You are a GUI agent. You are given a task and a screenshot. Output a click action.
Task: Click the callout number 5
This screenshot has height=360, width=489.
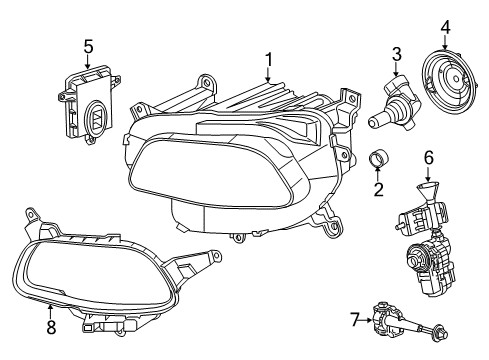click(89, 45)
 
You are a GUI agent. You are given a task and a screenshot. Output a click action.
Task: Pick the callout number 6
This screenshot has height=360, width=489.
click(428, 157)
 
